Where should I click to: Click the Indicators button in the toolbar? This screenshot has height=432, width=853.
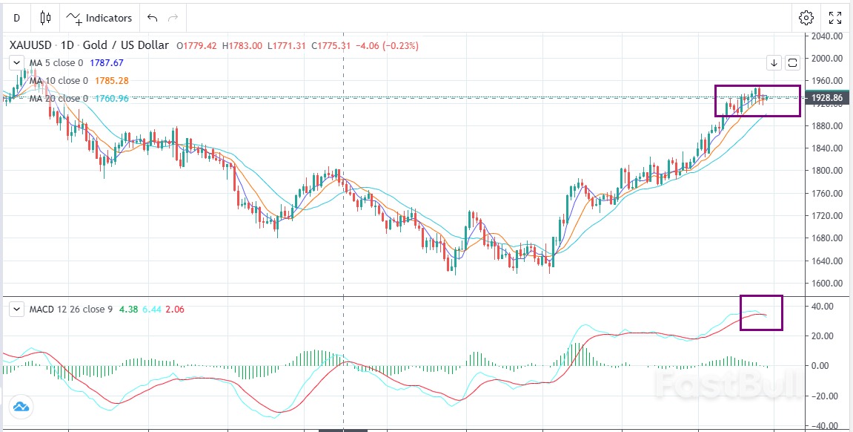pos(100,18)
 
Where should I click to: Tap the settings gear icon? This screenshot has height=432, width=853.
pos(806,18)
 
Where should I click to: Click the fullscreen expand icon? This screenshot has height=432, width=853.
pos(835,18)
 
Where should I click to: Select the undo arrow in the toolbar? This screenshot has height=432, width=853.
pos(152,18)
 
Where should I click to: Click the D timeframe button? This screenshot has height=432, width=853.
pos(16,18)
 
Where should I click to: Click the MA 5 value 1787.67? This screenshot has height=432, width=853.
pos(106,63)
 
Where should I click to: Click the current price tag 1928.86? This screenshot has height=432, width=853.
pos(826,98)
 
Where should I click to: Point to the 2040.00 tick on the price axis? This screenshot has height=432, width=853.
pos(826,36)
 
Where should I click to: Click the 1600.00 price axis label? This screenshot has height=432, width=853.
pos(826,284)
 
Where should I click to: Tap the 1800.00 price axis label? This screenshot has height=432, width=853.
pos(826,171)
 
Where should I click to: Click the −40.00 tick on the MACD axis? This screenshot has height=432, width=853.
pos(825,426)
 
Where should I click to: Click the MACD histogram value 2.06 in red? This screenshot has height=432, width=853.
pos(175,310)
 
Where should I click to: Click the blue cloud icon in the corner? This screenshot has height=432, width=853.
pos(20,406)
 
